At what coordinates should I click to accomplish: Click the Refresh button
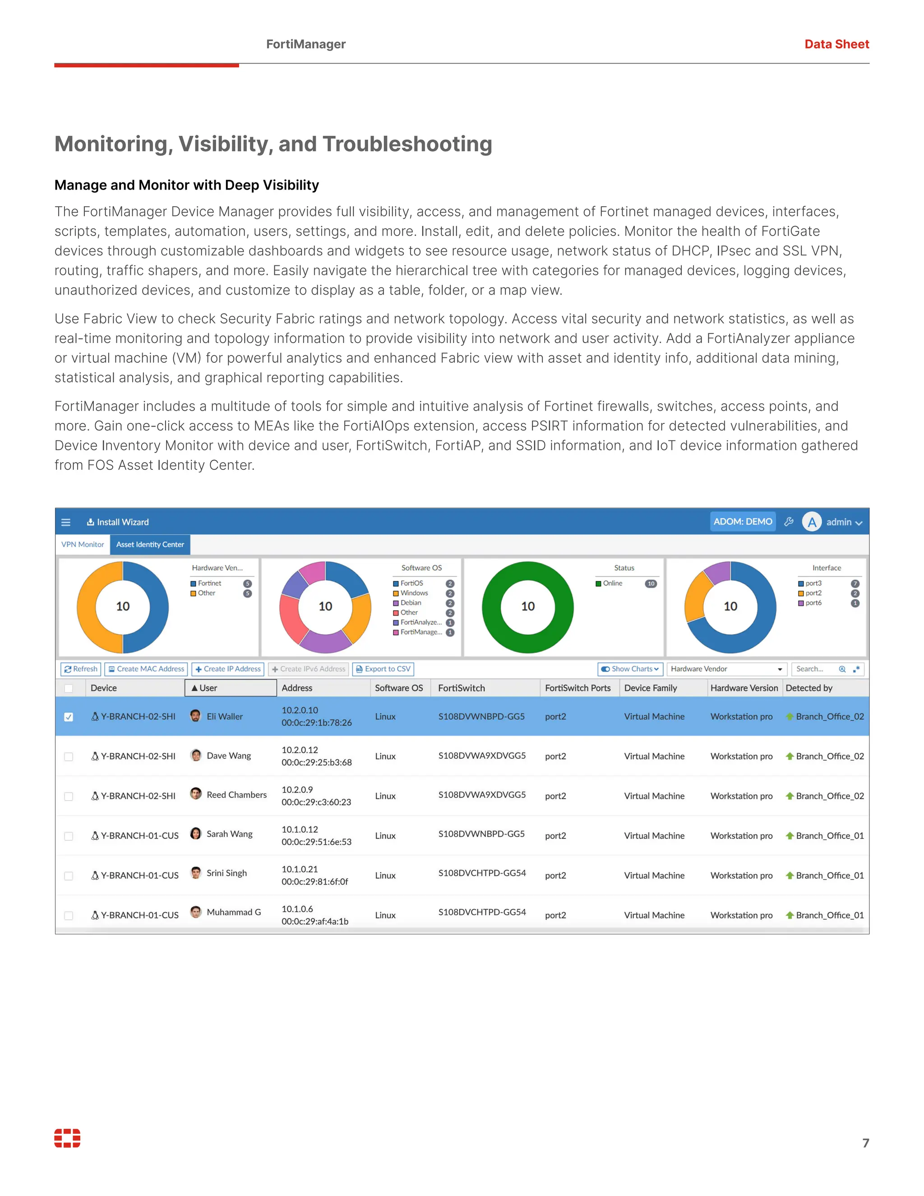(x=80, y=669)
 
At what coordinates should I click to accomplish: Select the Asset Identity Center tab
(x=150, y=544)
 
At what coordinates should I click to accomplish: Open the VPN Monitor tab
(x=83, y=544)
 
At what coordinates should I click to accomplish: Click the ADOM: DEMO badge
(x=742, y=522)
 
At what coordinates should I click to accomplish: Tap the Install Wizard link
(x=118, y=523)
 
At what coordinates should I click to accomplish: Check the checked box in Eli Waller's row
(x=69, y=717)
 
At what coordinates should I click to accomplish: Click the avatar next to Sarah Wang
(x=195, y=834)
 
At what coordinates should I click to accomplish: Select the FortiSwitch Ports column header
(x=577, y=688)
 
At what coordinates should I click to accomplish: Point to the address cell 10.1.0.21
(x=300, y=869)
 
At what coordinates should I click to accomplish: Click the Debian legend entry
(x=411, y=603)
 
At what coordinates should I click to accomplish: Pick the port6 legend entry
(x=813, y=603)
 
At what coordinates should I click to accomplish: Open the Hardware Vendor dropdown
(x=726, y=669)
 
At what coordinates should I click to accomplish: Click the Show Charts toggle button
(x=630, y=669)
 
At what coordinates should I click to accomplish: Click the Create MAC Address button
(x=146, y=669)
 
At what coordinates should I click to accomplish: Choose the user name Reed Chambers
(x=236, y=795)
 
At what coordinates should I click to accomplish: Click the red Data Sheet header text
(x=836, y=44)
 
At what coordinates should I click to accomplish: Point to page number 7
(x=865, y=1143)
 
